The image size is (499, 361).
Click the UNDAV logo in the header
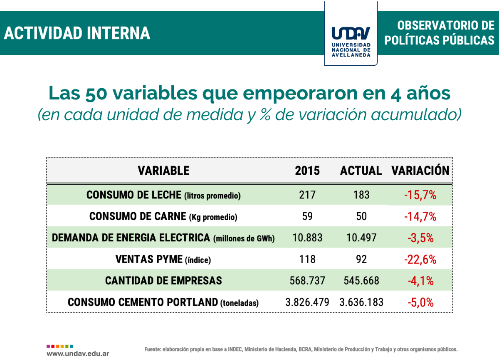[x=351, y=33]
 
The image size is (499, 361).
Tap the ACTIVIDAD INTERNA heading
[x=77, y=33]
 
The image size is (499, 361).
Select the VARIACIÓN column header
[x=420, y=171]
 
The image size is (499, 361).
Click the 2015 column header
[x=307, y=171]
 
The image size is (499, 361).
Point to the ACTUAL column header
[x=361, y=171]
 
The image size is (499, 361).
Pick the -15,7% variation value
[x=420, y=195]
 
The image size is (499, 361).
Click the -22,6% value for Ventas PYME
[x=420, y=260]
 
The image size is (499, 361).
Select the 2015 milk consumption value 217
[x=307, y=195]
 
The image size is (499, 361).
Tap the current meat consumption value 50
[x=361, y=216]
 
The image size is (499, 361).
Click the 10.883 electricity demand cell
[x=307, y=238]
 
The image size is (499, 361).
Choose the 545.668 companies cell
[x=361, y=281]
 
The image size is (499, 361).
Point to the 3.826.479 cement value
[x=307, y=302]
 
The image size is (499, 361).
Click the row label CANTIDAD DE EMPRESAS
[x=163, y=281]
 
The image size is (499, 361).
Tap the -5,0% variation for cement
[x=420, y=303]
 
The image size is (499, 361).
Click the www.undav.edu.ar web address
[x=78, y=354]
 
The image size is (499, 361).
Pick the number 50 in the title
[x=96, y=94]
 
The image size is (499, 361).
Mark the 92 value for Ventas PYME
[x=361, y=260]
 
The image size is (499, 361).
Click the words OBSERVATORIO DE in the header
[x=446, y=25]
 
